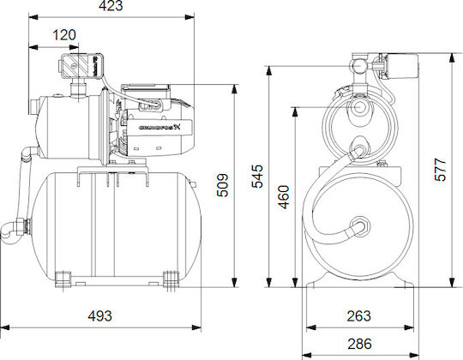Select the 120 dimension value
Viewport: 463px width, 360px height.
point(64,34)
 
